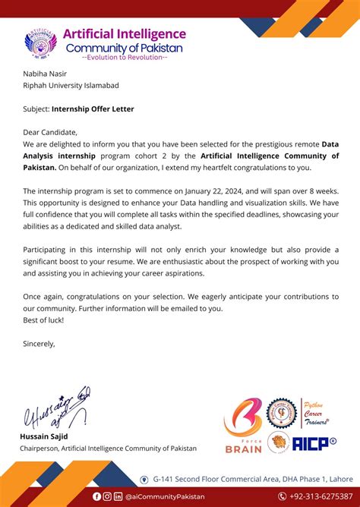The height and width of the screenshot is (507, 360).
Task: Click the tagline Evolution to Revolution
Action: (125, 58)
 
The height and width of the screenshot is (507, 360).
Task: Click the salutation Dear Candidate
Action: (50, 132)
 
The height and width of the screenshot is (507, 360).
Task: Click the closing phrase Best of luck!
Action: (43, 320)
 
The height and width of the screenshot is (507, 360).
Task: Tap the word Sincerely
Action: (39, 343)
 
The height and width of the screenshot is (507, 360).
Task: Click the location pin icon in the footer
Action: (144, 479)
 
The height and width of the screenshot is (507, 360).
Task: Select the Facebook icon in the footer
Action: (96, 496)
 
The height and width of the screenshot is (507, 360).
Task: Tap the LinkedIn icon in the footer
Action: (118, 496)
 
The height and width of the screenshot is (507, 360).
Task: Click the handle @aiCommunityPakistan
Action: (164, 496)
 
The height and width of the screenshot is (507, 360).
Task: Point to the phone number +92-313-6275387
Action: (312, 496)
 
